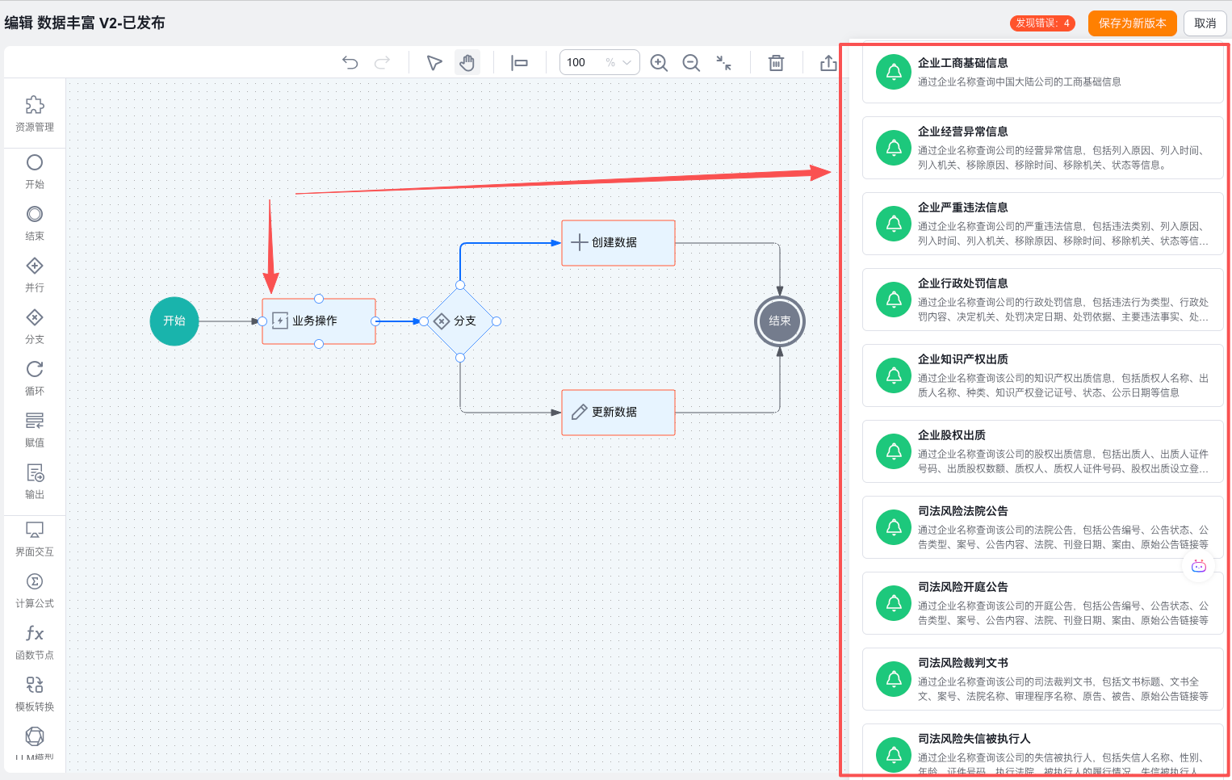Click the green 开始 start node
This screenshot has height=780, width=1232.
(x=174, y=321)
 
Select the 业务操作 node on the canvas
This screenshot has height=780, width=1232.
(x=318, y=321)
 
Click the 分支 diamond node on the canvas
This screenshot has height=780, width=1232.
(x=459, y=321)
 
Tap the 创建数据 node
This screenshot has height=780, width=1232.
(x=618, y=243)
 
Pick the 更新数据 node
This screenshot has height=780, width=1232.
(x=618, y=413)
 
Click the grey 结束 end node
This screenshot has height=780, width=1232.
(x=779, y=321)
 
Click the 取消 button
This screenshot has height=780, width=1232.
(x=1205, y=23)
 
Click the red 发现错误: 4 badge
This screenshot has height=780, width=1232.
(x=1042, y=23)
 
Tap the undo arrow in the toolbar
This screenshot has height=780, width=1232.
(x=350, y=63)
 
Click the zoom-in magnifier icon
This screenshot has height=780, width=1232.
(x=659, y=63)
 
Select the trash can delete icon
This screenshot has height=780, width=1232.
(x=776, y=63)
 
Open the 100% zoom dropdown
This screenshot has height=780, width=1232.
(x=599, y=63)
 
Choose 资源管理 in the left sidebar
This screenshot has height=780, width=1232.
(x=35, y=113)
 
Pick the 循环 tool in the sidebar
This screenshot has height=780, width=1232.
(x=35, y=377)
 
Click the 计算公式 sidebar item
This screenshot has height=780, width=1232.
(x=35, y=590)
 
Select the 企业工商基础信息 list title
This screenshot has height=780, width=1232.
(x=962, y=63)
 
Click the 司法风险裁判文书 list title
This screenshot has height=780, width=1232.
(x=962, y=663)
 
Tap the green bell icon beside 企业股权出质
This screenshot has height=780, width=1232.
(x=894, y=451)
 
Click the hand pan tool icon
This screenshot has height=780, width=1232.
(x=467, y=63)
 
